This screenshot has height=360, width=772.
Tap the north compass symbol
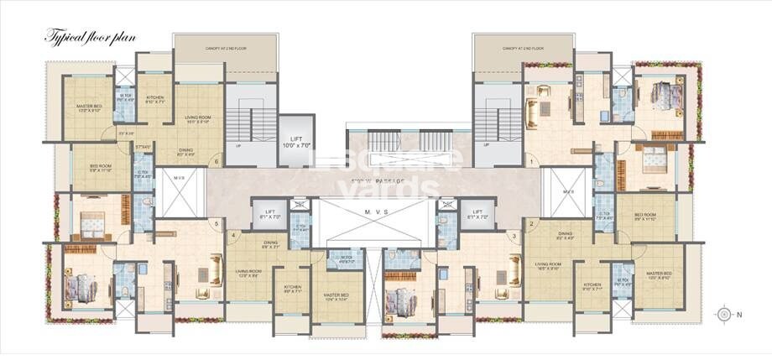tap(724, 314)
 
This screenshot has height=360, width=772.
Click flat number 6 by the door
tap(216, 161)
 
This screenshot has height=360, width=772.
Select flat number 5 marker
tap(216, 223)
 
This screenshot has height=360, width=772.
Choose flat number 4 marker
tap(232, 236)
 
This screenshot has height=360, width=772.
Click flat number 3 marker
tap(513, 236)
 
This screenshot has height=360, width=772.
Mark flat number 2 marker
tap(530, 223)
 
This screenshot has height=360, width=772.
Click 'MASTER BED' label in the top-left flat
tap(89, 107)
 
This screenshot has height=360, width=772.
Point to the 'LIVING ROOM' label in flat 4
tap(253, 271)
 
